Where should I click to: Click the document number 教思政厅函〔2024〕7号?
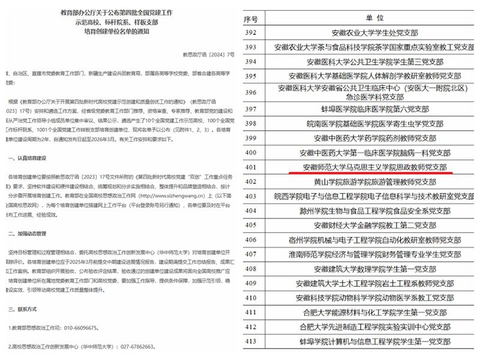212,55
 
